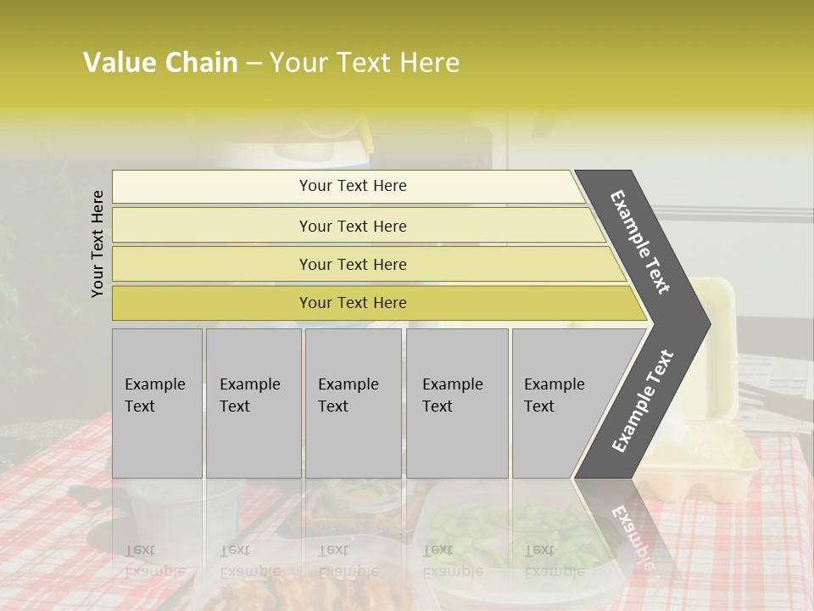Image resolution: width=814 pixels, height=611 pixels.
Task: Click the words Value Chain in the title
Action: pos(160,63)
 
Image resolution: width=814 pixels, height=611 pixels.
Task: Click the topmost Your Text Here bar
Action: pos(353,186)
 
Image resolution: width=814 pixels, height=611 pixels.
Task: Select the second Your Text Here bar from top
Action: pos(353,226)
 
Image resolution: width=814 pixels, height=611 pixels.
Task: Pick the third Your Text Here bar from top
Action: pos(353,264)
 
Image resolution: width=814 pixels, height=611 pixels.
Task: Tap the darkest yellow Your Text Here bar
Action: pos(353,303)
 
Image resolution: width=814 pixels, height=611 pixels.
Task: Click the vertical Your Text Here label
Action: pos(98,244)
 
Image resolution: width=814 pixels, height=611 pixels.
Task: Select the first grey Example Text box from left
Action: pos(157,402)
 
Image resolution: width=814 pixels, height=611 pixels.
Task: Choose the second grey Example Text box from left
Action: pos(253,402)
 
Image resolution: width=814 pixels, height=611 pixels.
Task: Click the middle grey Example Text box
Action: pos(353,402)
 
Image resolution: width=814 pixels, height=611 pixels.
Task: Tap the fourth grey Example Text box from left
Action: pos(456,402)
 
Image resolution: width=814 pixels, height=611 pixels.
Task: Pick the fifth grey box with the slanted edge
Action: pos(560,402)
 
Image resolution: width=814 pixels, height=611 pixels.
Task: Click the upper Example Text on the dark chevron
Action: pos(640,242)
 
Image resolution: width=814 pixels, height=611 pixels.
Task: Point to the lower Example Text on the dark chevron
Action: pos(643,401)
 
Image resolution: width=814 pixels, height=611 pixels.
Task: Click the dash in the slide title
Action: pos(254,63)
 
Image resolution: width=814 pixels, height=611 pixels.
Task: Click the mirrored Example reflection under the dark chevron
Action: pos(632,530)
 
